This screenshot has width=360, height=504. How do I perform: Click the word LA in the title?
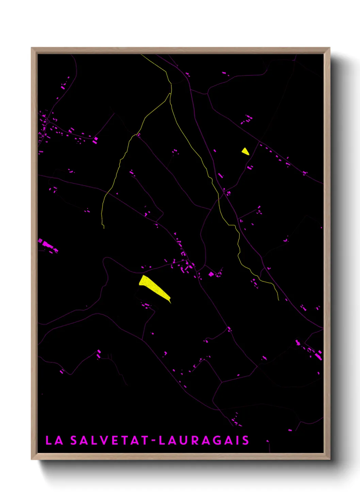54,440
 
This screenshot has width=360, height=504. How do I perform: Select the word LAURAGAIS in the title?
204,440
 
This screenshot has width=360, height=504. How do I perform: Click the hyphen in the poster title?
153,441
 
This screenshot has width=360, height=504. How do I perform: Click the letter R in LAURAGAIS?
196,440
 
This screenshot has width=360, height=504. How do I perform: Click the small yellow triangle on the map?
245,151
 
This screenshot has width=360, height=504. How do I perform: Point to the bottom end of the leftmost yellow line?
103,228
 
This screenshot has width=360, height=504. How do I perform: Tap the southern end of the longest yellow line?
279,300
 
